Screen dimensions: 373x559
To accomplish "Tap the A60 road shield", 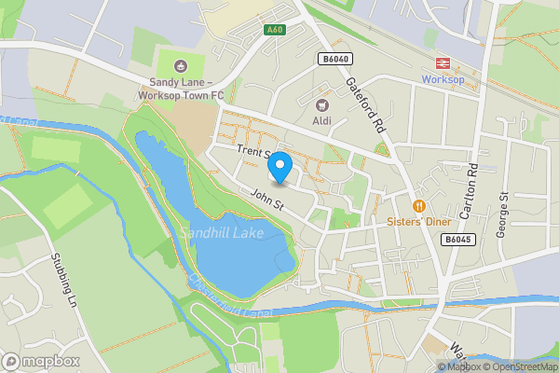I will click(x=274, y=30).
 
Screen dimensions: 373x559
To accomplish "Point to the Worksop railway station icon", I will click(x=441, y=63).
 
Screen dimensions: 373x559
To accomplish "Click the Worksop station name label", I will click(x=442, y=80).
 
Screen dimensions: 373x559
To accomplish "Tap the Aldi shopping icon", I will click(x=322, y=106).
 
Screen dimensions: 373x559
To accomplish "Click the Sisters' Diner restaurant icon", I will click(x=419, y=205).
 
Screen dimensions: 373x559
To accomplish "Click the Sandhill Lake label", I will click(x=222, y=232).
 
